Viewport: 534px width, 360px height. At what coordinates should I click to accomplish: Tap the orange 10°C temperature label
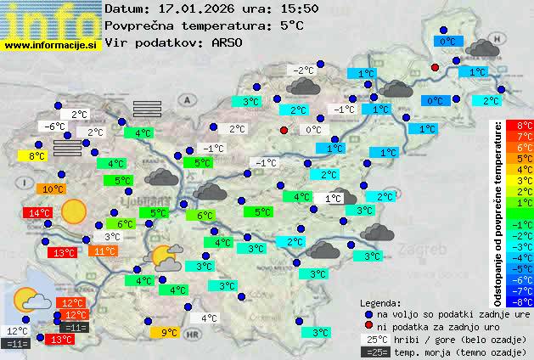[53, 189]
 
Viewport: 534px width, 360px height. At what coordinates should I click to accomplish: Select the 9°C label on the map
[169, 333]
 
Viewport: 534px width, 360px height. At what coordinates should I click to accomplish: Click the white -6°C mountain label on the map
[55, 127]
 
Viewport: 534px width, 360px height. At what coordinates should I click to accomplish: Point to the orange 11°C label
[105, 251]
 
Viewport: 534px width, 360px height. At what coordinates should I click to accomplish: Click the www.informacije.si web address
[51, 45]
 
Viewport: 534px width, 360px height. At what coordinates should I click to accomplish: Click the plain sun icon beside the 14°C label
[74, 211]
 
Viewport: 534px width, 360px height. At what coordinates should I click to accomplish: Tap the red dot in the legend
[368, 326]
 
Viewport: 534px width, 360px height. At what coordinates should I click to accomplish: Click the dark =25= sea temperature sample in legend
[374, 352]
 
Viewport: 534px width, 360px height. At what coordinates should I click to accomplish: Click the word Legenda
[380, 303]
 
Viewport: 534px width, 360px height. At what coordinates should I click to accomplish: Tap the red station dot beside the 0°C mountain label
[284, 130]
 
